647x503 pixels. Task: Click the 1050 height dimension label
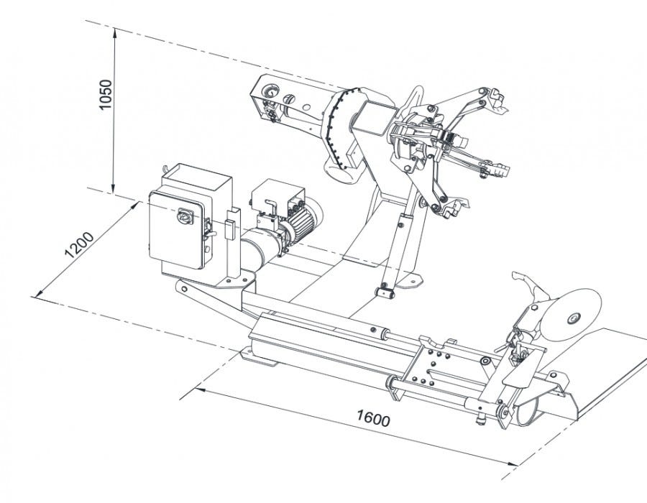[106, 94]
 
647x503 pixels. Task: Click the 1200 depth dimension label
[79, 244]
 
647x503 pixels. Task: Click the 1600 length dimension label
[373, 418]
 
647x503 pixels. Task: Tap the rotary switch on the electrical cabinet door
[185, 216]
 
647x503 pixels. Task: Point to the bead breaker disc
[571, 315]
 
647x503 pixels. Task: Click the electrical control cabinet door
[178, 230]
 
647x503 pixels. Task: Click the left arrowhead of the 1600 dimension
[200, 389]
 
